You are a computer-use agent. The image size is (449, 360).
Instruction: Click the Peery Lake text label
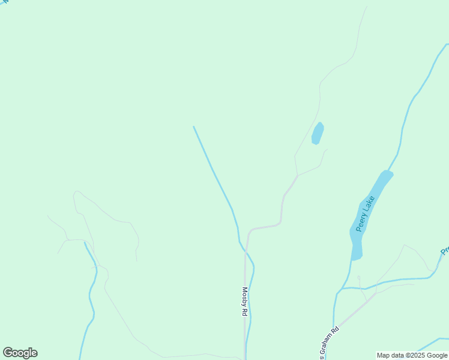[x=366, y=213]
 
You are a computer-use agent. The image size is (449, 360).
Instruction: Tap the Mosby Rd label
[x=245, y=301]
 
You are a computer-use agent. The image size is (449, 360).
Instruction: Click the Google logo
[x=20, y=353]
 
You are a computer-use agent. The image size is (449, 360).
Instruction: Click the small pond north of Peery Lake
[x=318, y=133]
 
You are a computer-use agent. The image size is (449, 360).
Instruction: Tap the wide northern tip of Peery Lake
[x=386, y=175]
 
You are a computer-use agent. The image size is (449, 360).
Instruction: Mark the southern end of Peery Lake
[x=356, y=257]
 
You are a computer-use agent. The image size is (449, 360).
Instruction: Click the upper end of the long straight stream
[x=193, y=127]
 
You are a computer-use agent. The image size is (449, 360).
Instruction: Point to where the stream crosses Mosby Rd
[x=246, y=251]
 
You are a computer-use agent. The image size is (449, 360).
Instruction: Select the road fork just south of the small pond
[x=297, y=175]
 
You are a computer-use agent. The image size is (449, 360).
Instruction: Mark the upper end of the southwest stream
[x=85, y=242]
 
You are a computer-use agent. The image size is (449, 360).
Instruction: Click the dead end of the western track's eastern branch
[x=137, y=260]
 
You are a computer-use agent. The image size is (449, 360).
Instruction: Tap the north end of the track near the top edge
[x=366, y=7]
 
